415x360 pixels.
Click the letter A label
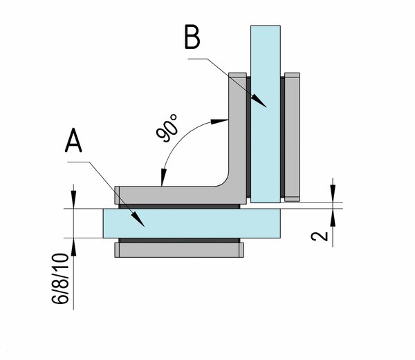74,142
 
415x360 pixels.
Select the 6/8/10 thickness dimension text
62,281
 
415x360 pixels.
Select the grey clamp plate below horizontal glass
181,249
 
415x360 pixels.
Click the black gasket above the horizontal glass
181,206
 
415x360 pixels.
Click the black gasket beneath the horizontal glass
181,240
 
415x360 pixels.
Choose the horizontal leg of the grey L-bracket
173,193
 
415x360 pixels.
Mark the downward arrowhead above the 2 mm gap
334,196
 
